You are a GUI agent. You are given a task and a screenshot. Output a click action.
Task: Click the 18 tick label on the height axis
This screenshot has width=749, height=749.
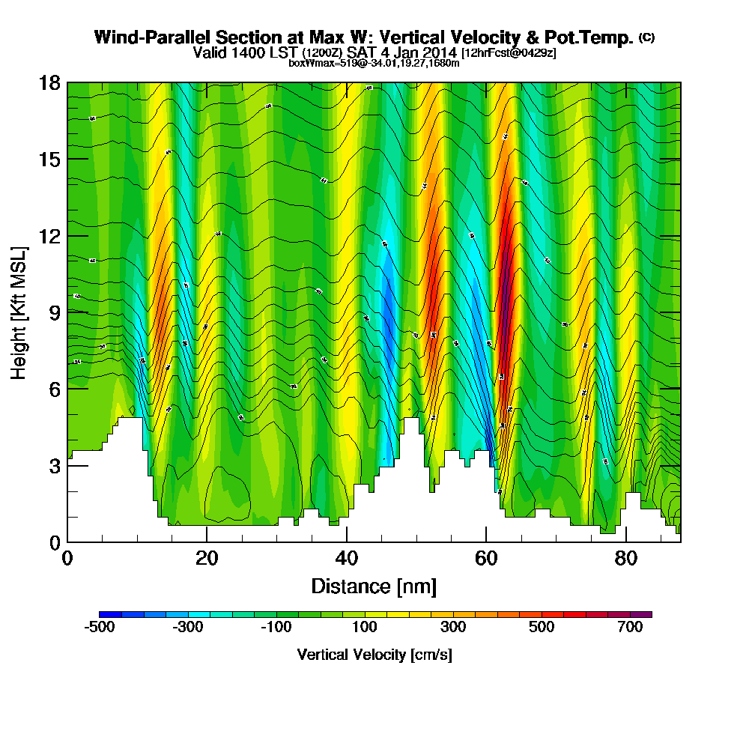(x=49, y=82)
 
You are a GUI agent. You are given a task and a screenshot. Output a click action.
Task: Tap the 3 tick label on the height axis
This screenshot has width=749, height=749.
(x=54, y=465)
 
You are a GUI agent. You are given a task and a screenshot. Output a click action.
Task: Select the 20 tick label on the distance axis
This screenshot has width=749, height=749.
(x=207, y=560)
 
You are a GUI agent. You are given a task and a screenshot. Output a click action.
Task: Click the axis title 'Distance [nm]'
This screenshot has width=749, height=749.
(x=374, y=586)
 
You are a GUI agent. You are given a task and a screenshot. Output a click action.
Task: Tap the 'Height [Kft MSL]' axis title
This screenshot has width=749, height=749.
(x=19, y=312)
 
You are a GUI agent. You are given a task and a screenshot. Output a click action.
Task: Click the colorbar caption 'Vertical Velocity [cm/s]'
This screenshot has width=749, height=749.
(x=374, y=655)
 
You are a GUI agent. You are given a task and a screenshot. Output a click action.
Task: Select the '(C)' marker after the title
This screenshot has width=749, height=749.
(x=646, y=37)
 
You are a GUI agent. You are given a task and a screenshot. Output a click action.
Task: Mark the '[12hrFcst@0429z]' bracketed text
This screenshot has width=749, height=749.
(x=509, y=53)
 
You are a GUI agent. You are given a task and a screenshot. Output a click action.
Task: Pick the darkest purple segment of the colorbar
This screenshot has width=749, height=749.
(x=644, y=614)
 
